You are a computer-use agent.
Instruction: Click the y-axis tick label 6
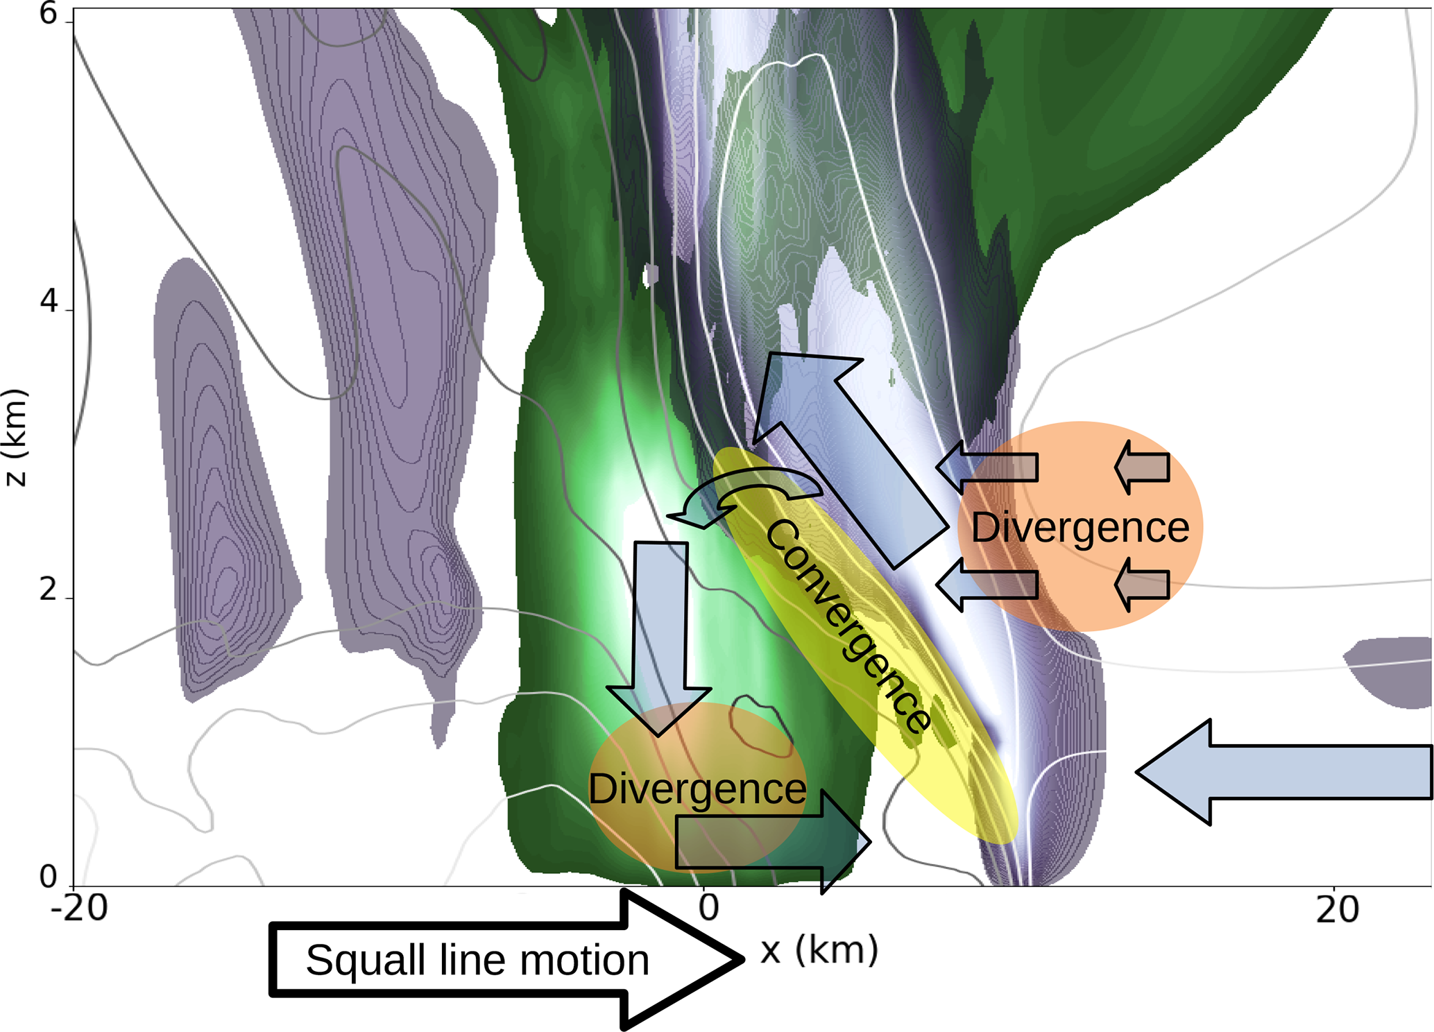[x=48, y=14]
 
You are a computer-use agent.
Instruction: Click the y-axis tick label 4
[x=48, y=302]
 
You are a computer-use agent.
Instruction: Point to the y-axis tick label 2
[x=48, y=590]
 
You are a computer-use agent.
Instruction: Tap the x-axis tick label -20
[x=79, y=908]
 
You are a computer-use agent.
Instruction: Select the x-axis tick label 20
[x=1337, y=909]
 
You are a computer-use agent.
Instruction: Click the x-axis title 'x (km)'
[x=819, y=950]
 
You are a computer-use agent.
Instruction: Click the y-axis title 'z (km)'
[x=15, y=437]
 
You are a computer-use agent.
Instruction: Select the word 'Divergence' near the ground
[x=697, y=789]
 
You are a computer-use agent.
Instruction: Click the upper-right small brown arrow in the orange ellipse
[x=1143, y=467]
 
